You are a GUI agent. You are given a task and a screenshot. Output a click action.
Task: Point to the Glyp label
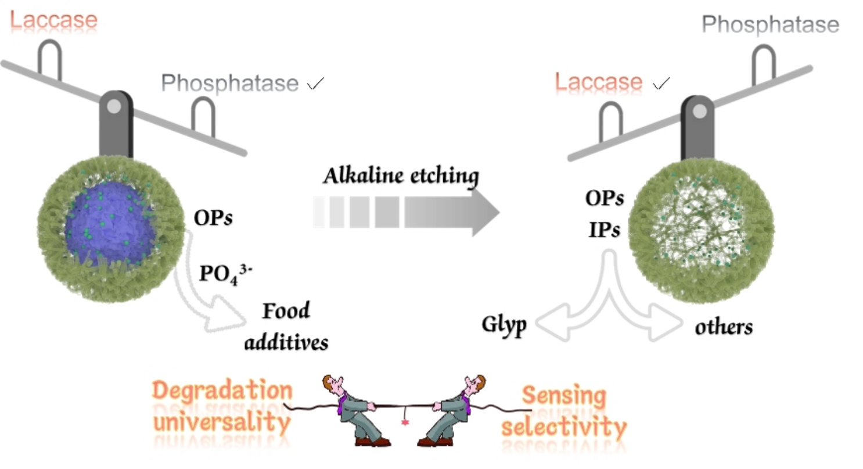(504, 325)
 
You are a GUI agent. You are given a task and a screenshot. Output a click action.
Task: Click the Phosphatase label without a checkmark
(770, 24)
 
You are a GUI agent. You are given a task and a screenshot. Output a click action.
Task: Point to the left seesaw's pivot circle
(115, 106)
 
